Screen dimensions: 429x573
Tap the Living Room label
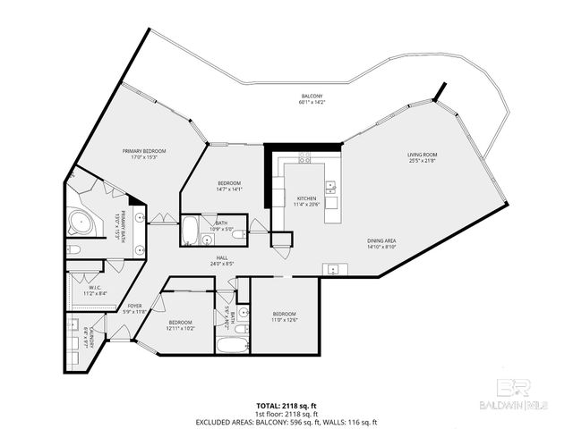coord(422,157)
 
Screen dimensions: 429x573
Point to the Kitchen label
coord(306,200)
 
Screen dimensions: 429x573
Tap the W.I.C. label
coord(94,290)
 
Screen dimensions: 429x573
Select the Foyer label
coord(134,308)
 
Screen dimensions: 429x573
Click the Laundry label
coord(85,341)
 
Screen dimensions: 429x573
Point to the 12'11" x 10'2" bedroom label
coord(182,324)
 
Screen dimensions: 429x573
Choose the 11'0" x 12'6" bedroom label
coord(285,317)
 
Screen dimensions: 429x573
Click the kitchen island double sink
coord(330,188)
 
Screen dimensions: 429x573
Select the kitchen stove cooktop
coord(304,158)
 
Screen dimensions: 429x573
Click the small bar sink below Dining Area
coord(333,268)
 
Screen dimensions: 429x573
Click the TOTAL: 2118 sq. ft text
coord(286,405)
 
